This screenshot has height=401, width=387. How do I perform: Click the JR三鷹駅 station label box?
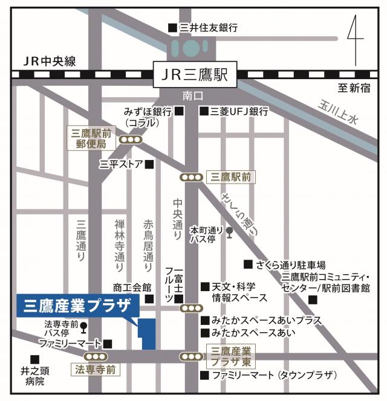(x=194, y=75)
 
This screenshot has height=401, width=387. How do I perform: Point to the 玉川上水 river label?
(x=338, y=112)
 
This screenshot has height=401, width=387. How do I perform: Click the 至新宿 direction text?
(x=354, y=89)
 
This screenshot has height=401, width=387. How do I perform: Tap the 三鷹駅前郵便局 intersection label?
(x=89, y=139)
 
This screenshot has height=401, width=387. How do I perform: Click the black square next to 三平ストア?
(x=149, y=164)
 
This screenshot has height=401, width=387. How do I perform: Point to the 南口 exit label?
(x=193, y=96)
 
